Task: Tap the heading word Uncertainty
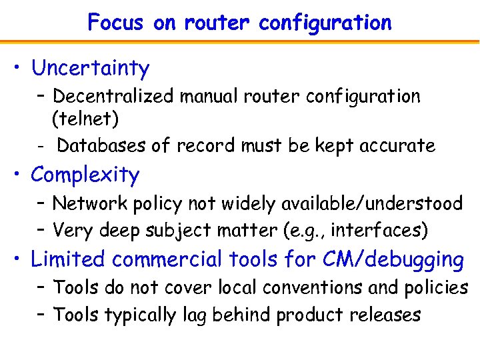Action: pyautogui.click(x=90, y=68)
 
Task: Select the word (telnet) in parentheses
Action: pyautogui.click(x=85, y=119)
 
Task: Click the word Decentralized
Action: pyautogui.click(x=114, y=97)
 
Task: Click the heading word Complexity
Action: pyautogui.click(x=85, y=175)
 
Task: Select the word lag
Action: pyautogui.click(x=193, y=315)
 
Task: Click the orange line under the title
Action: pyautogui.click(x=240, y=41)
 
